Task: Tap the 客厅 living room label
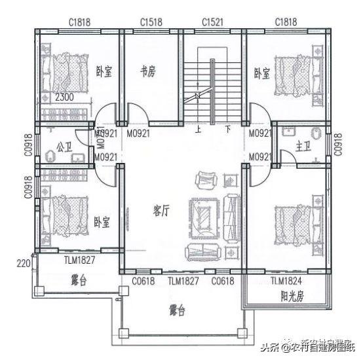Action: (161, 210)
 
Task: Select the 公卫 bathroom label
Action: (64, 146)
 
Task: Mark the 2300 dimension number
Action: (64, 98)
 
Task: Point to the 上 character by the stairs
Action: (197, 130)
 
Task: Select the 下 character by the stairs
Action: (228, 130)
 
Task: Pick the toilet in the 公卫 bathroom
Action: (50, 156)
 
